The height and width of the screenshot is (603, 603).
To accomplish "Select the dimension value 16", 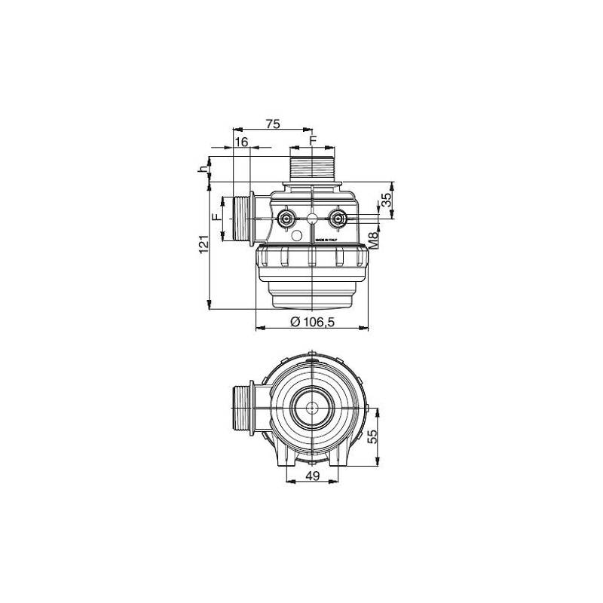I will click(241, 142).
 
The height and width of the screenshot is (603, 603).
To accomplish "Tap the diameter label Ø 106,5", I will click(312, 321).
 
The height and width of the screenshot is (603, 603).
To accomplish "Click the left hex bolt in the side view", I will click(287, 219).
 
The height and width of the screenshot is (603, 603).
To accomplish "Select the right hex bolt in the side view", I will click(338, 219).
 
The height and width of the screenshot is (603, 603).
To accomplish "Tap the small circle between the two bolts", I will click(312, 219).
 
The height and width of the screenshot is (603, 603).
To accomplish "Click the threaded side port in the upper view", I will click(242, 219).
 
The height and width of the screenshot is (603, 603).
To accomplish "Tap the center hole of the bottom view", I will click(311, 409).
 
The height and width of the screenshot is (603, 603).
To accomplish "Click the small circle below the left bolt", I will click(298, 238).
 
